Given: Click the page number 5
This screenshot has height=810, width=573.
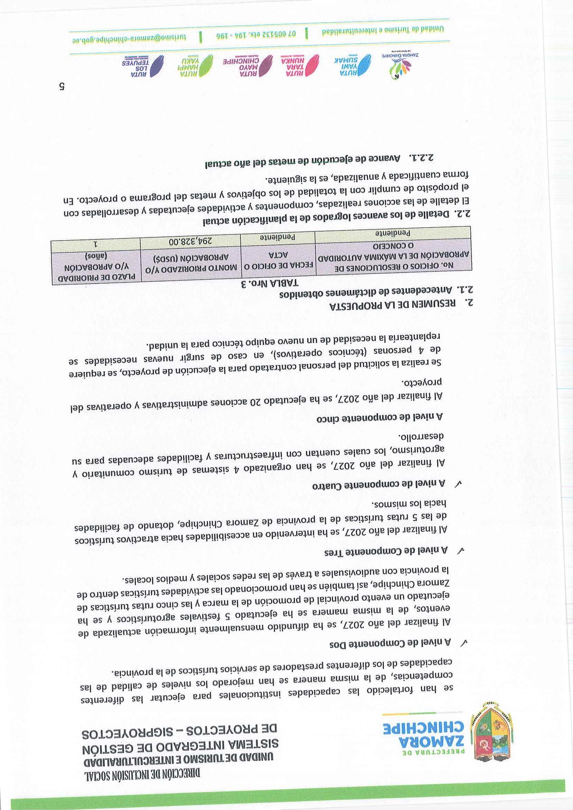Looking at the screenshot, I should coord(62,87).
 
